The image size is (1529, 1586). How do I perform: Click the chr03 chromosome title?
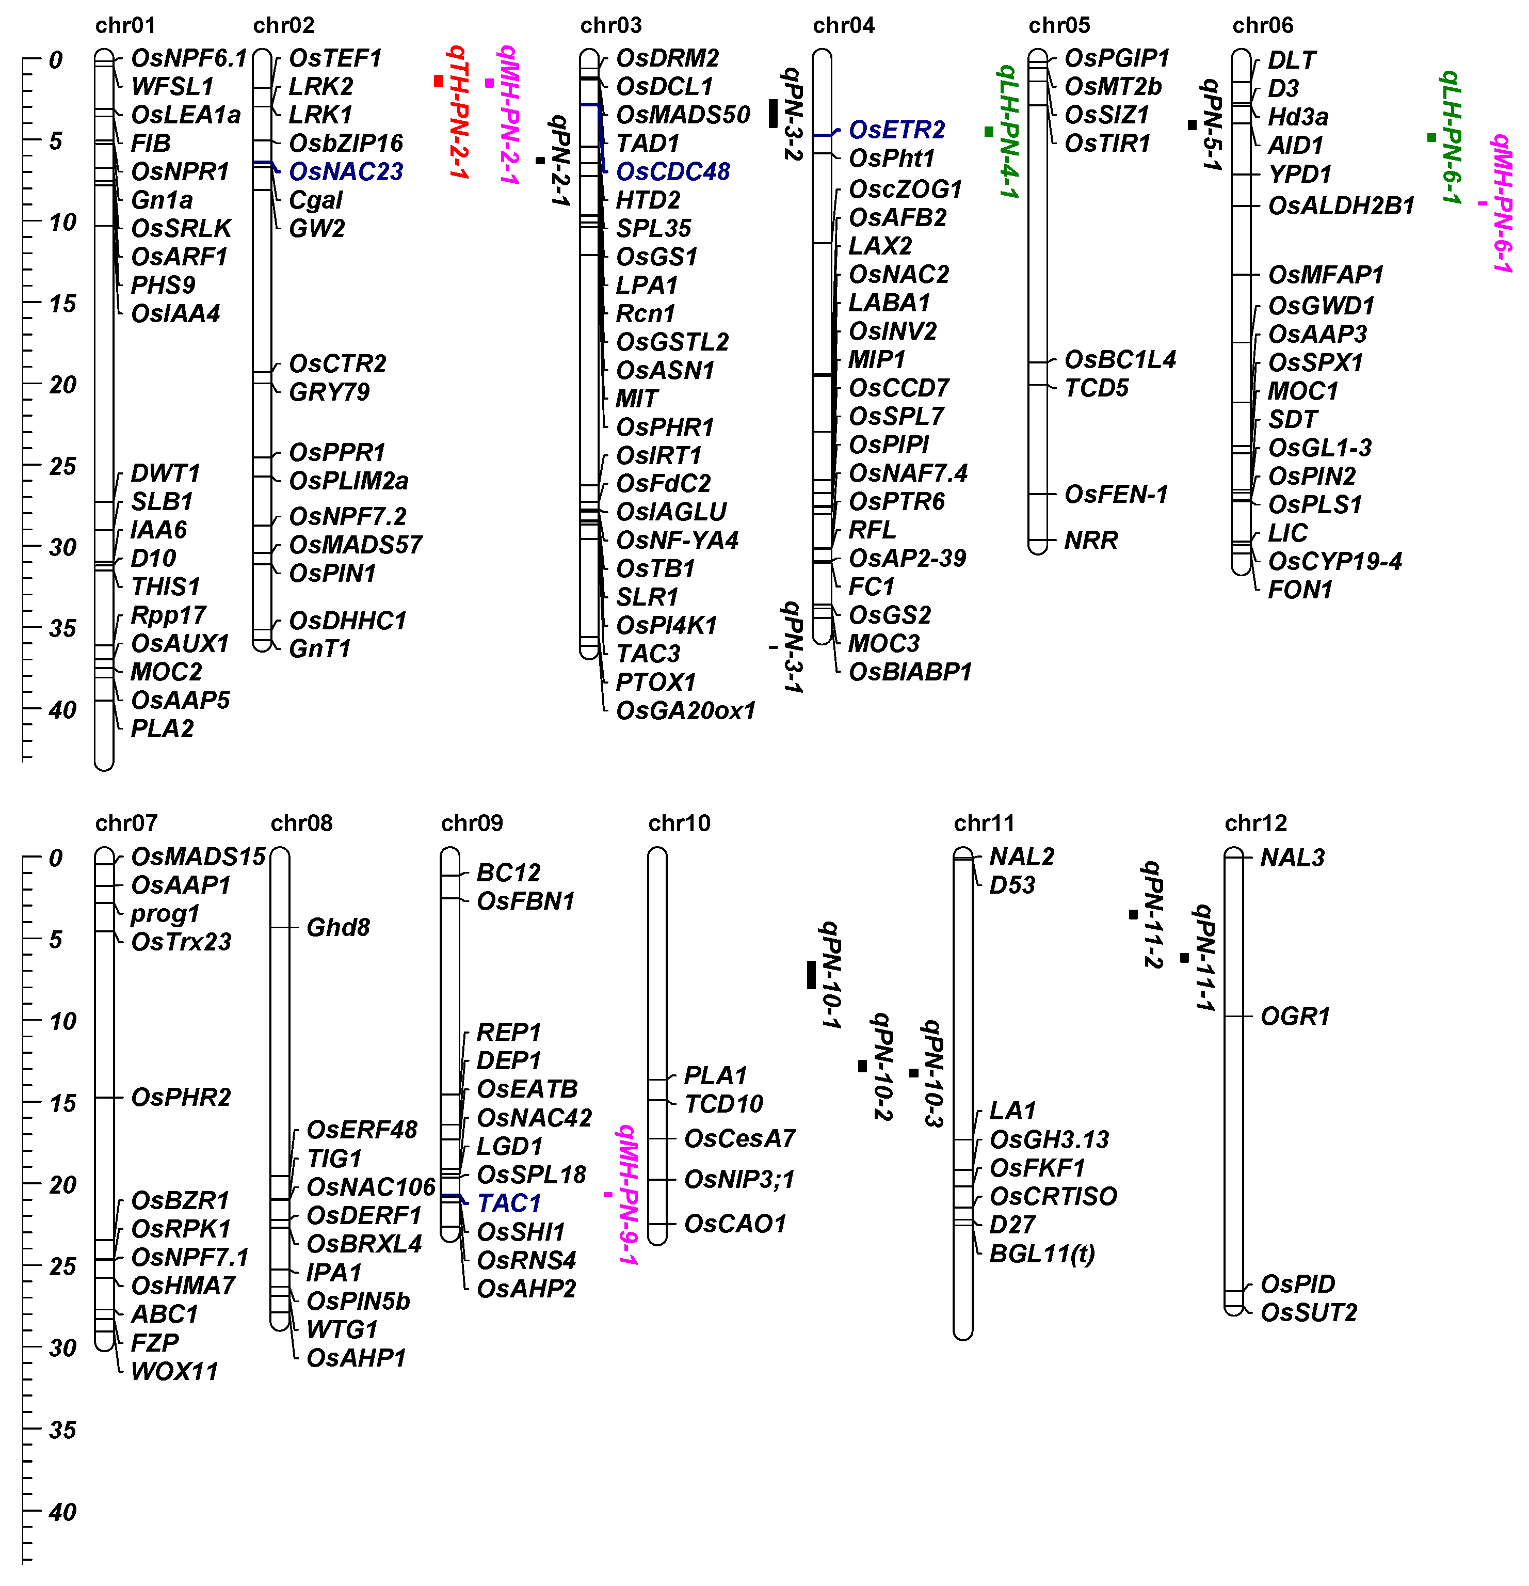pos(611,26)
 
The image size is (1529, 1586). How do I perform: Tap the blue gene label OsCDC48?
pos(672,171)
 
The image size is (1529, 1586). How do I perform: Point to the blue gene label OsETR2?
pos(896,130)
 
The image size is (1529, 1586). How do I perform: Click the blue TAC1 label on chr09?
pos(509,1203)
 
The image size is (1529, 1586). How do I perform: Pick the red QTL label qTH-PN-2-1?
pos(458,113)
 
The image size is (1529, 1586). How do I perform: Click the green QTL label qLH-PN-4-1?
pos(1008,132)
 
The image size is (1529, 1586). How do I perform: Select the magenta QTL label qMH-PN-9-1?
pos(628,1194)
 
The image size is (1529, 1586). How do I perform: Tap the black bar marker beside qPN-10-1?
pos(811,974)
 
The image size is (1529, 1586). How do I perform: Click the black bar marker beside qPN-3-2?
pos(772,113)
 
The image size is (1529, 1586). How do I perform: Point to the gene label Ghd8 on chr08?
pos(338,927)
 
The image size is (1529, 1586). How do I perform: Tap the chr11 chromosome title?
pos(984,824)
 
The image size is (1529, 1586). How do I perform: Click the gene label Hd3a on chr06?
pos(1298,117)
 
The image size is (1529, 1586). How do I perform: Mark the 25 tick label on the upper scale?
pos(62,466)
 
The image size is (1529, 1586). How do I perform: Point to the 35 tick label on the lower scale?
pos(62,1430)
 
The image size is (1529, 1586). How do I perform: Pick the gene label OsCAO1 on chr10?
pos(734,1224)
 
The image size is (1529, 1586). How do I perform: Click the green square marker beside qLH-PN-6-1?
pos(1431,137)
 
